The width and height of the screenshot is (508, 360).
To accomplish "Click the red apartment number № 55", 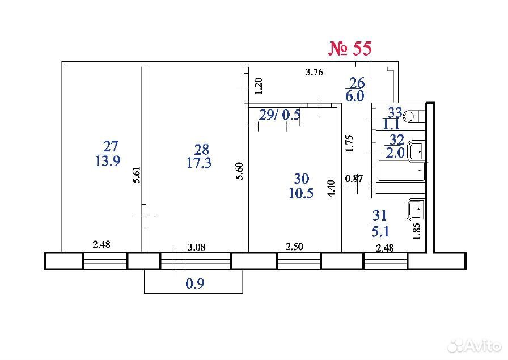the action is click(x=350, y=49).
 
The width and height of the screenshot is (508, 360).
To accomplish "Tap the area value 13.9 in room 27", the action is click(x=108, y=160).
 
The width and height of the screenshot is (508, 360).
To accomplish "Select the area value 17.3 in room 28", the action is click(x=199, y=163).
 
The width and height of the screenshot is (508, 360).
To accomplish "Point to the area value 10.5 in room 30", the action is click(x=300, y=193).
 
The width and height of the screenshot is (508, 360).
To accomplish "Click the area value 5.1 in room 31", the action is click(x=380, y=231).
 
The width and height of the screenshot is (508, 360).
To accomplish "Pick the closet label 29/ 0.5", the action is click(x=280, y=115).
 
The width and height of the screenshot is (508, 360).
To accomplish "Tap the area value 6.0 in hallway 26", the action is click(x=355, y=96).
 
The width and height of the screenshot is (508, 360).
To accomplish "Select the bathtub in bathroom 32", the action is click(x=402, y=171).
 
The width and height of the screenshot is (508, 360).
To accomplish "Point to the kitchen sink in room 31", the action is click(x=416, y=209).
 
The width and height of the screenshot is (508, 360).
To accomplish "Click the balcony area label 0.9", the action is click(x=195, y=284).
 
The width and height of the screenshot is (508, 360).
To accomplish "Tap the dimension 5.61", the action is click(x=137, y=175).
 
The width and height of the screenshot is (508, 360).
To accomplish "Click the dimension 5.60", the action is click(x=239, y=171).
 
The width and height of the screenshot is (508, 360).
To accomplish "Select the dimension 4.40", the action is click(x=332, y=189).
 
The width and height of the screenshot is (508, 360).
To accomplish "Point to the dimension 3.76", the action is click(x=314, y=72).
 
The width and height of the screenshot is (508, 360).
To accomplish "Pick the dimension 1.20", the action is click(x=259, y=86).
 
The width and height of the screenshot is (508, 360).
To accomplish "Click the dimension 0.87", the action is click(x=354, y=178).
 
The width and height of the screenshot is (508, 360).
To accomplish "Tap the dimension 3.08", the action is click(x=197, y=247).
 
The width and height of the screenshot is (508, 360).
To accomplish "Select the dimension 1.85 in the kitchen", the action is click(x=417, y=231).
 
